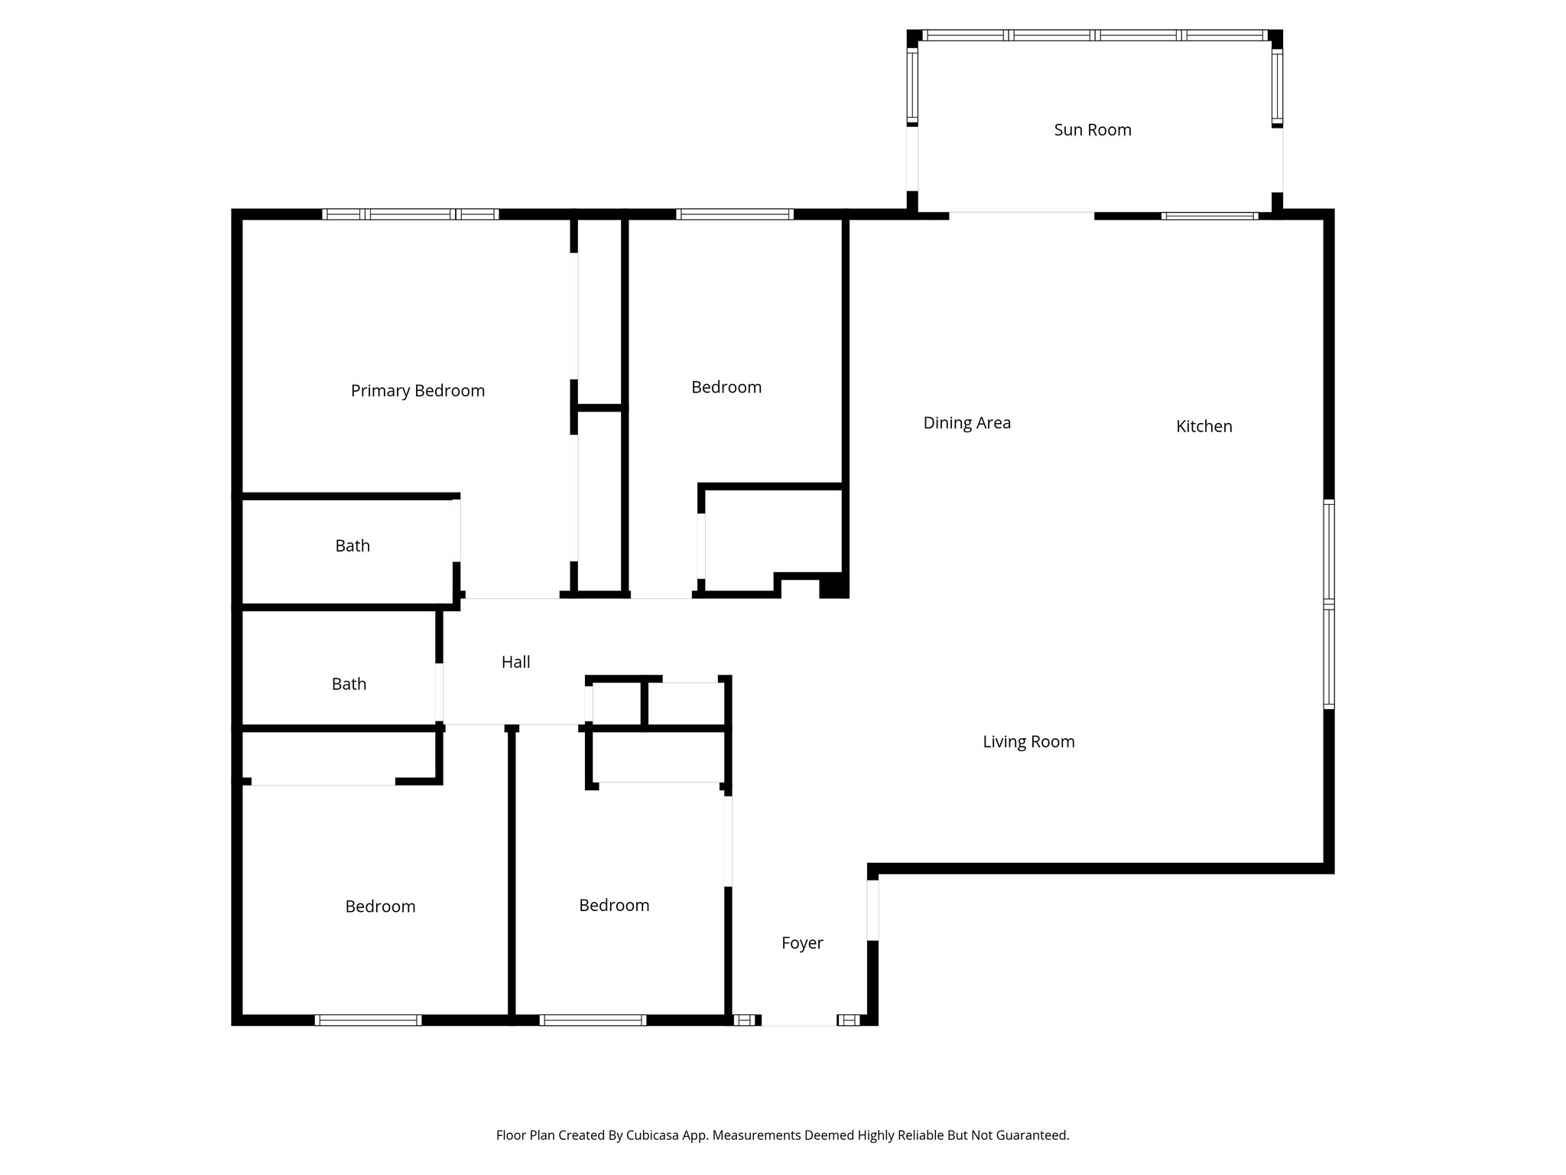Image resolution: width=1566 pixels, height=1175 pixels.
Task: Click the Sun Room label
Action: point(1092,130)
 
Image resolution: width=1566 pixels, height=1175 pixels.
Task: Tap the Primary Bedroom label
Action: point(417,391)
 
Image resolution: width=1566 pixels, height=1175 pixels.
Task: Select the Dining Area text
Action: point(967,423)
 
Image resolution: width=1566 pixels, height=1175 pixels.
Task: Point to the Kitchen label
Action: point(1204,427)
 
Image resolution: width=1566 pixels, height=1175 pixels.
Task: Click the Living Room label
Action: point(1028,741)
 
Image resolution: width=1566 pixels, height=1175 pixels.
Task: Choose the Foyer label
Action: point(802,943)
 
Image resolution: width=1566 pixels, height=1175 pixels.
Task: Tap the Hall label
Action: point(515,662)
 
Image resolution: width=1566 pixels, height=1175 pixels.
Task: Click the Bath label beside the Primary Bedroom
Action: point(353,546)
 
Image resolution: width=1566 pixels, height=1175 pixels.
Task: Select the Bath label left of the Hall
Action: point(349,685)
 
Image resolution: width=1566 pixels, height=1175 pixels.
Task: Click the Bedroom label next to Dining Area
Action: point(726,388)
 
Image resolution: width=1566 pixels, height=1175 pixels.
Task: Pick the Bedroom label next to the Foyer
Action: point(614,906)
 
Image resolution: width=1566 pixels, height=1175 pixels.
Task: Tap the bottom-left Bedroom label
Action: point(380,906)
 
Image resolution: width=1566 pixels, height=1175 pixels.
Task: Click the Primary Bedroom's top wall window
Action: point(411,214)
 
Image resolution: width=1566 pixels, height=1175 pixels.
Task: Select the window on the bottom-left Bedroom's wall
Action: point(368,1020)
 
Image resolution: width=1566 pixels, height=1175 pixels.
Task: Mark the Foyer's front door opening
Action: point(799,1023)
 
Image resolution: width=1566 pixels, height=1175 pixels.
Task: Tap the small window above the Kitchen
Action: point(1209,216)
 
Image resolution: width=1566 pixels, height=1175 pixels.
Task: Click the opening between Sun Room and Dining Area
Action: point(1022,213)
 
